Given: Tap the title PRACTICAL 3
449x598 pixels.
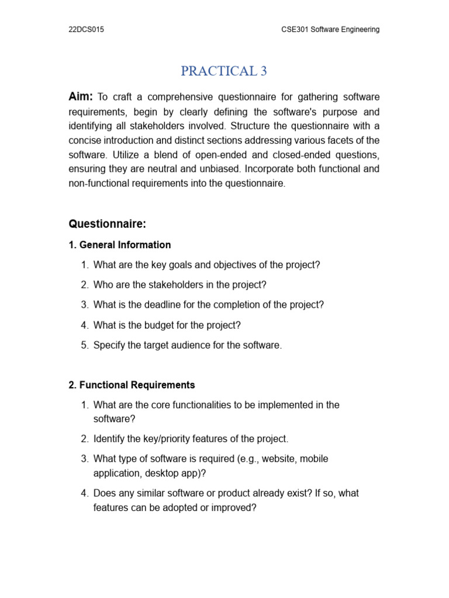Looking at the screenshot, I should pyautogui.click(x=224, y=71).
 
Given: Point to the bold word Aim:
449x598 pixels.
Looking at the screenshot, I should pyautogui.click(x=81, y=96).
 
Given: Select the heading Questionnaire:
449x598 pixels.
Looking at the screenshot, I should pyautogui.click(x=107, y=224).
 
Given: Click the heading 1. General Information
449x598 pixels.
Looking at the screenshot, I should pyautogui.click(x=120, y=245).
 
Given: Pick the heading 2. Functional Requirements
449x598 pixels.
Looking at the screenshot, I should pyautogui.click(x=132, y=385).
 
